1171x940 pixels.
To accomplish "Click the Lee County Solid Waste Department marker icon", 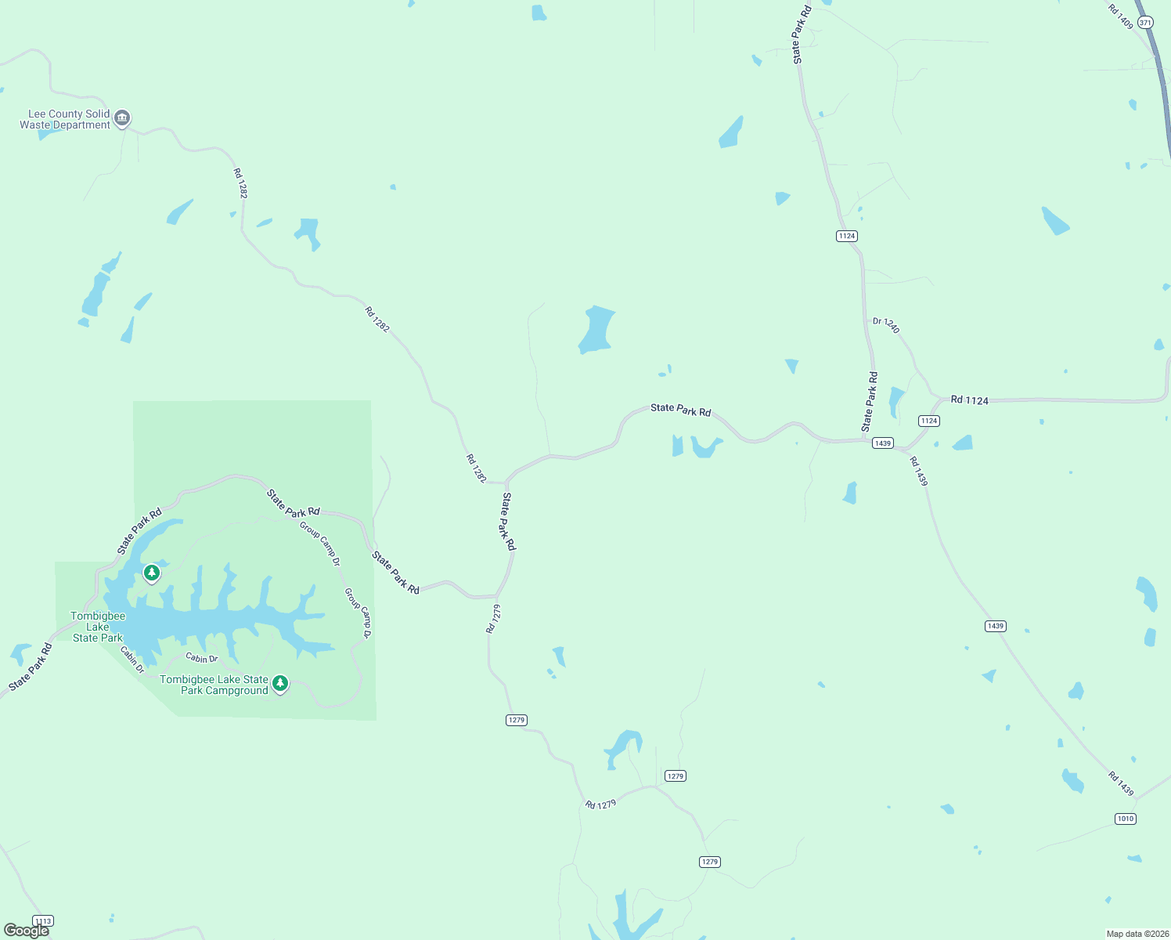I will coord(122,118).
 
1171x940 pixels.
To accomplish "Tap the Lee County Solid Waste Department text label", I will coord(65,119).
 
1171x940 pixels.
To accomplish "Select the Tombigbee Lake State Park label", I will coord(98,627).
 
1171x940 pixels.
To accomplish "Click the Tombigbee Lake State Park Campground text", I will coord(214,685).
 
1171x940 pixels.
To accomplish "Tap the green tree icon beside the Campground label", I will coord(279,684).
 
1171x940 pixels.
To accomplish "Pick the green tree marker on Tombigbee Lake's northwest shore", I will coord(152,573).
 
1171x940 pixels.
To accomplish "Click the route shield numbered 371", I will coord(1145,23).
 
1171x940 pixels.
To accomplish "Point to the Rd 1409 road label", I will coord(1120,16).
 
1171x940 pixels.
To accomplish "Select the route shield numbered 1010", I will coord(1125,819).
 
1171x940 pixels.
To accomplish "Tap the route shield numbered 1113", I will coord(43,921).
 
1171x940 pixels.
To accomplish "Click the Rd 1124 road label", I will coord(969,400).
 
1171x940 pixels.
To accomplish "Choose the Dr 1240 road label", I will coord(886,325).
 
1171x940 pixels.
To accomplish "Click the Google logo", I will coord(27,930).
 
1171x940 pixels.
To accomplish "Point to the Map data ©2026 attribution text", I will coord(1137,934).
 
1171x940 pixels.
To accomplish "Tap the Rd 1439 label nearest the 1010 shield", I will coord(1120,783).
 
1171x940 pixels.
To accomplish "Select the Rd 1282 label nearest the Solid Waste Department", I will coord(240,183).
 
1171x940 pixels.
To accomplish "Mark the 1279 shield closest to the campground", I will coord(516,720).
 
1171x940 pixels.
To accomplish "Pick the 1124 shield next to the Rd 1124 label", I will coord(929,421).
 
